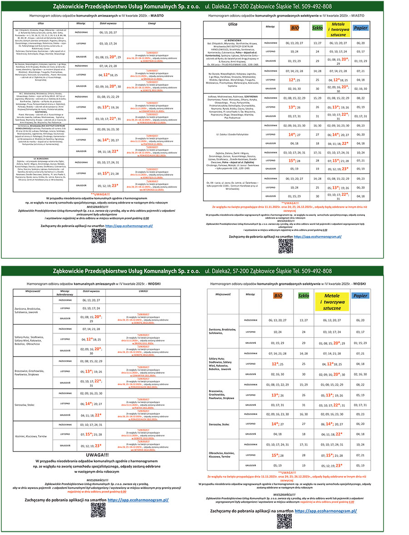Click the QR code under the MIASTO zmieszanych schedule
point(98,236)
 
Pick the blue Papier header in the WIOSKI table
point(360,296)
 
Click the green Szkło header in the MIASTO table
point(318,27)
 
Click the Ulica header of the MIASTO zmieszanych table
point(38,22)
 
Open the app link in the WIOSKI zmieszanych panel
point(138,500)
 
